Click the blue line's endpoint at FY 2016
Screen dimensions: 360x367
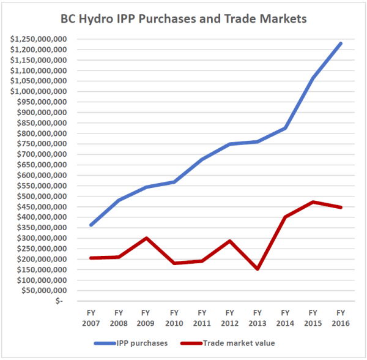(340, 43)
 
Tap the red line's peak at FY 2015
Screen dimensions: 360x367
(313, 202)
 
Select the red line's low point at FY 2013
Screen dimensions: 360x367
(257, 269)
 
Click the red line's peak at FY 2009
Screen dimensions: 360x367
(146, 238)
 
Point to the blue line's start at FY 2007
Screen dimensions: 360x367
(91, 225)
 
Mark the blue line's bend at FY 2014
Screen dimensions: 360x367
(285, 128)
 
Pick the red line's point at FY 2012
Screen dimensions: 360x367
(229, 241)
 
